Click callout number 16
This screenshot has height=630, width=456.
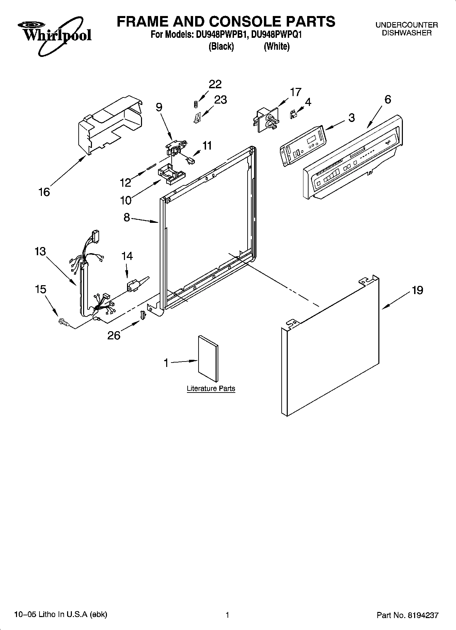[44, 192]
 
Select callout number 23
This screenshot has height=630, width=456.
[220, 100]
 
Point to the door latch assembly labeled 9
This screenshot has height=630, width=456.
[176, 148]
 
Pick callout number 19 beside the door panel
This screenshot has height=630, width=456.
[417, 290]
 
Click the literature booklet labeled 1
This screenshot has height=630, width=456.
[208, 358]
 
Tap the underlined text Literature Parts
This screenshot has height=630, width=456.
[211, 388]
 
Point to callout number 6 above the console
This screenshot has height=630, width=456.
[388, 99]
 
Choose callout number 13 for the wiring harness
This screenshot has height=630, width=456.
[40, 251]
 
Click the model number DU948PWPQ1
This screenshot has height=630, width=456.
[277, 34]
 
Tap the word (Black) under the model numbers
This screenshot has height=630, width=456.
[221, 46]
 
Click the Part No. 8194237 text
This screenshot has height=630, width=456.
[407, 615]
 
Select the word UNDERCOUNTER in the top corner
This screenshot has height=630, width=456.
[407, 25]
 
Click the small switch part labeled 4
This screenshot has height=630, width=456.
[293, 114]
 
